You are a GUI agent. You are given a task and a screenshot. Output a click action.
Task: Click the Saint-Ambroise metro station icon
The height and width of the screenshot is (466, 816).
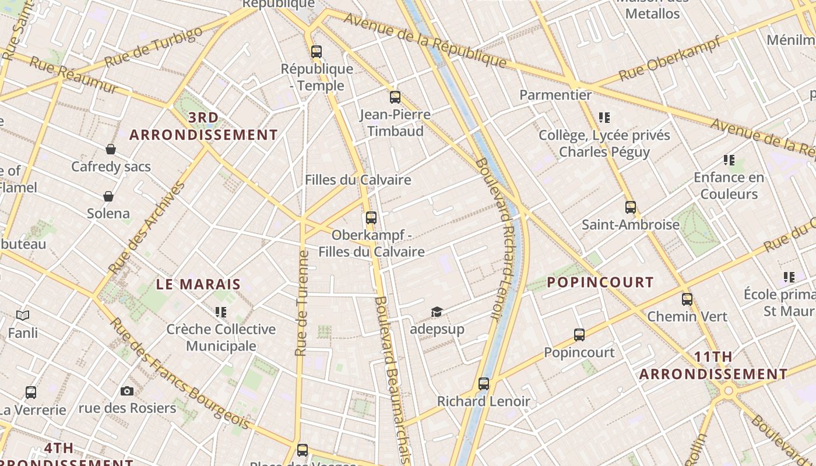[x=630, y=207]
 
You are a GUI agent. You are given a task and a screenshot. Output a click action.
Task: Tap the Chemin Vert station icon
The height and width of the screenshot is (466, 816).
[x=687, y=299]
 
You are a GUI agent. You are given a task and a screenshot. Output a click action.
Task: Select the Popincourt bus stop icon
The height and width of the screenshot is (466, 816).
[x=579, y=335]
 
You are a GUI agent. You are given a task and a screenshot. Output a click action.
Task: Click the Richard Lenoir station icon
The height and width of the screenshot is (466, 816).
[x=484, y=384]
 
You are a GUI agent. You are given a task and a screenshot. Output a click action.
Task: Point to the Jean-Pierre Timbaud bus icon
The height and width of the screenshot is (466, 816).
[x=395, y=97]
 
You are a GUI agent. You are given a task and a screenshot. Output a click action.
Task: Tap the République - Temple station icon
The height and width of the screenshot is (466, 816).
[x=316, y=52]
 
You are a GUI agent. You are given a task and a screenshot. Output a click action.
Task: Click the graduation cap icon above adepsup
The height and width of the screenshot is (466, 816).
[x=437, y=312]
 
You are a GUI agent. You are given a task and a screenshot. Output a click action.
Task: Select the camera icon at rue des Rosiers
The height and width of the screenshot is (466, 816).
[x=127, y=391]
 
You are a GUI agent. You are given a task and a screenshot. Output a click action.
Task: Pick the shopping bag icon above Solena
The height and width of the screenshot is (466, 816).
[x=108, y=196]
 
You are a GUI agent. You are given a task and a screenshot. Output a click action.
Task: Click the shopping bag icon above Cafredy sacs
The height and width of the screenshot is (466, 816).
[x=111, y=149]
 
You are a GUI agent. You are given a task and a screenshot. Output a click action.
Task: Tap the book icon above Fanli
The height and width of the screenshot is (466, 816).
[x=23, y=316]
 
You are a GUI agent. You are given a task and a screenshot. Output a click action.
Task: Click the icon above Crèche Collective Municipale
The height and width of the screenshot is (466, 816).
[x=220, y=312]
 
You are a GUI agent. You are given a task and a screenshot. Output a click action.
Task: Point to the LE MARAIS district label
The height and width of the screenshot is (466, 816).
[x=198, y=284]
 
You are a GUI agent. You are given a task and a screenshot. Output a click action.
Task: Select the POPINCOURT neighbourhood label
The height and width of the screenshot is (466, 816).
[x=600, y=283]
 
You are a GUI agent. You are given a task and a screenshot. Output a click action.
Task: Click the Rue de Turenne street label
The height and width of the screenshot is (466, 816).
[x=301, y=303]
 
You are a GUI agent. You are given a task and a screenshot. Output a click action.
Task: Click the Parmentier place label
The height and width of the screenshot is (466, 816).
[x=555, y=94]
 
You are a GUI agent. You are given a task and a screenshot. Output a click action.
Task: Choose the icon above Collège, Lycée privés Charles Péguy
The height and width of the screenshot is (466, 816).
[x=604, y=118]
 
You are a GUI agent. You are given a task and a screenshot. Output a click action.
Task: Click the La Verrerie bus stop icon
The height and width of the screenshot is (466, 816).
[x=31, y=393]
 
